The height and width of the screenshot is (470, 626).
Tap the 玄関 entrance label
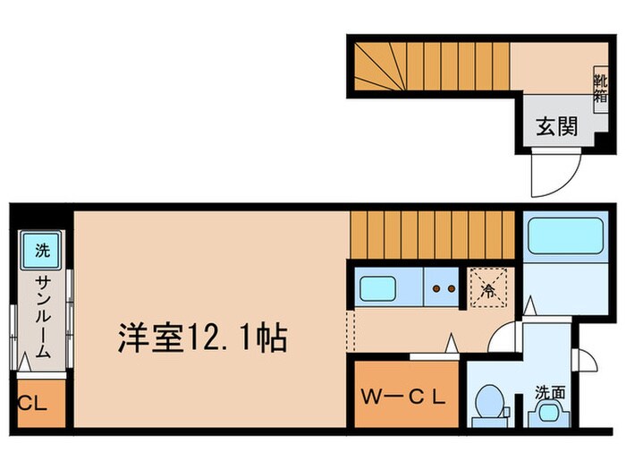click(555, 127)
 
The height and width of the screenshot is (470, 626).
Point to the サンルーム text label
click(43, 319)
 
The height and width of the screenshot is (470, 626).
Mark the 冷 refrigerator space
click(488, 288)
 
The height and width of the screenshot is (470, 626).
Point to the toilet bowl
click(488, 403)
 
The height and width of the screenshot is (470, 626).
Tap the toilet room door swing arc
click(506, 338)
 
